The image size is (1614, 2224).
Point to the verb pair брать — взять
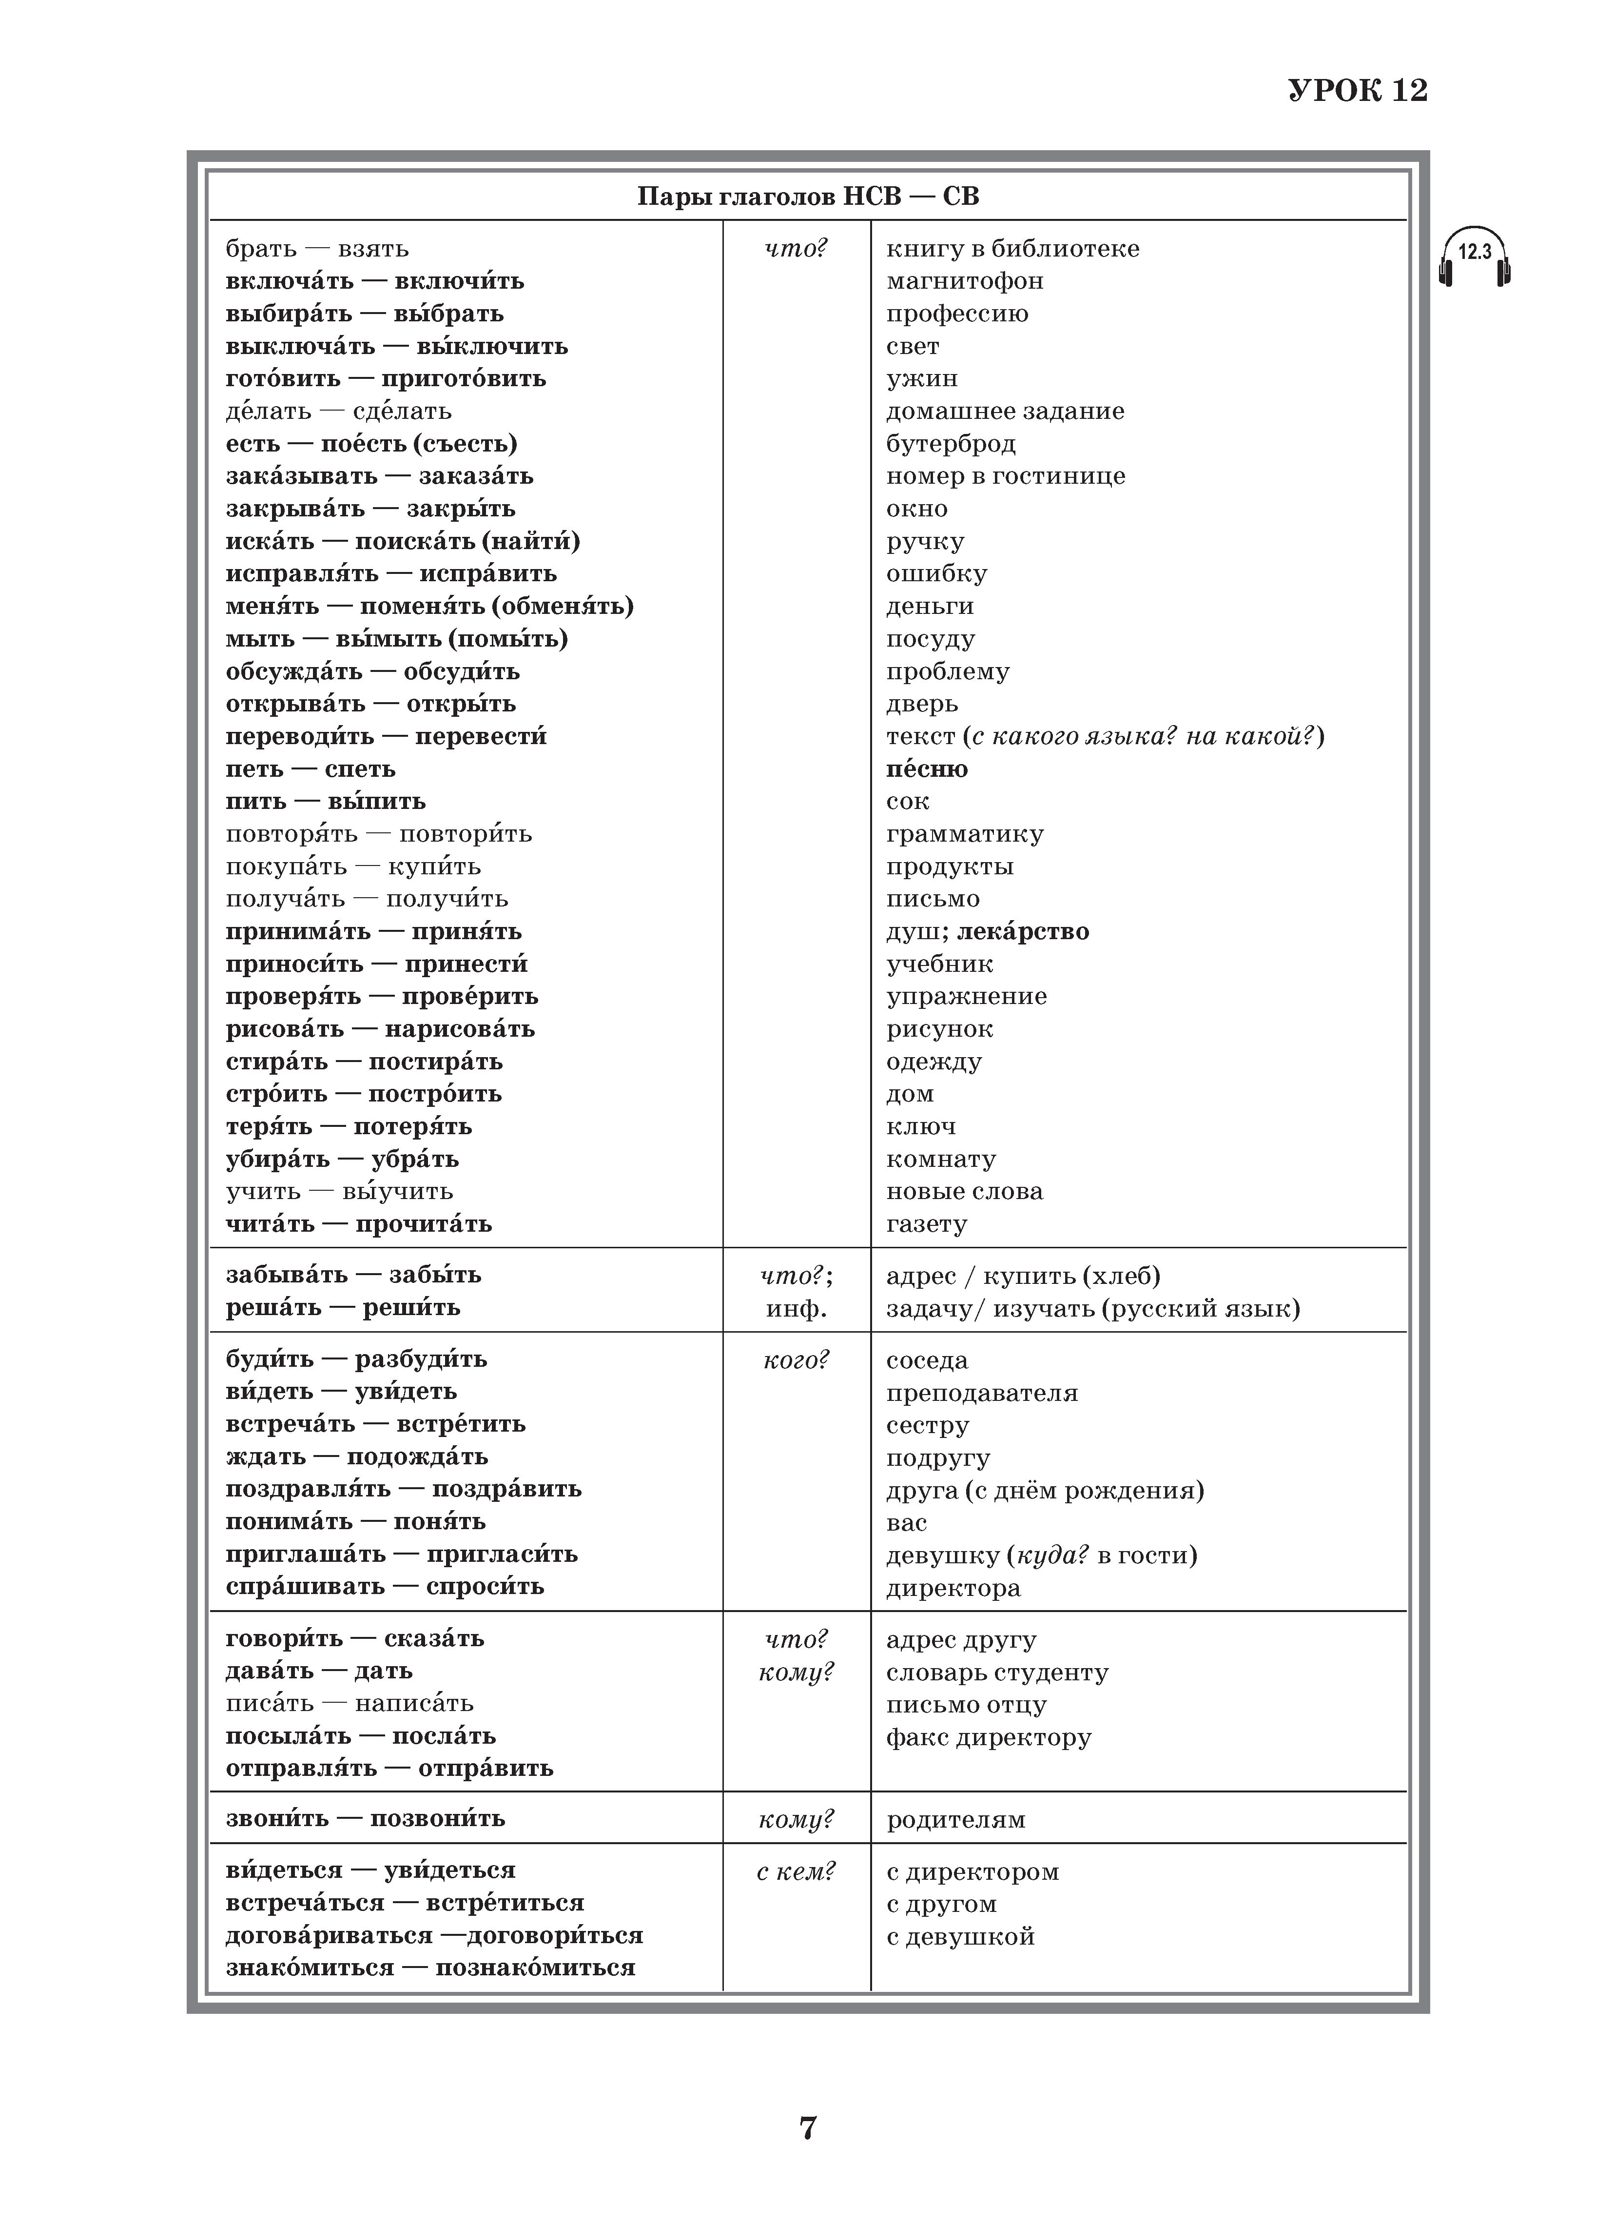tap(317, 249)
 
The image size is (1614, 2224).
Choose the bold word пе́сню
tap(927, 769)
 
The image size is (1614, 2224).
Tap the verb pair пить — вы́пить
tap(326, 801)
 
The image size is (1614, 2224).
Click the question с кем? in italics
tap(795, 1871)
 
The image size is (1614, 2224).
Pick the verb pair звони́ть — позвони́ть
tap(365, 1818)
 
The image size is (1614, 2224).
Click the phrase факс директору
tap(989, 1738)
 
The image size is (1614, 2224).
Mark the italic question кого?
tap(795, 1360)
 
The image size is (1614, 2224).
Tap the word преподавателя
tap(982, 1394)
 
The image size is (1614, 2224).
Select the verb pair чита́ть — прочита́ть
tap(359, 1224)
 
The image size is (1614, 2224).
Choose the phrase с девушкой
tap(960, 1937)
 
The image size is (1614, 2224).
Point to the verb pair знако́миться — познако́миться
tap(430, 1968)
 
